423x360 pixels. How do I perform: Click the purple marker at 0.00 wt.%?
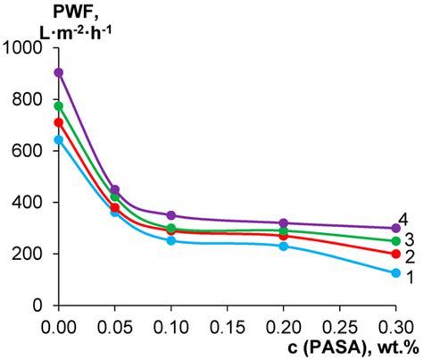coord(59,72)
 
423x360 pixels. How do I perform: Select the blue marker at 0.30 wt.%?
coord(395,272)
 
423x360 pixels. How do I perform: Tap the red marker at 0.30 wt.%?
coord(395,254)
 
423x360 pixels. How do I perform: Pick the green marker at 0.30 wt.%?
coord(395,241)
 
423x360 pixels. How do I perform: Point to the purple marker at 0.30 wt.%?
coord(395,228)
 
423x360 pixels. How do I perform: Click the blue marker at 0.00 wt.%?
coord(59,139)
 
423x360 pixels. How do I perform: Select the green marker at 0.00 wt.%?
coord(59,106)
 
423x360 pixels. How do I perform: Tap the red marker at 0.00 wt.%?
coord(59,122)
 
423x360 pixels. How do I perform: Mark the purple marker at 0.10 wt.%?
coord(171,215)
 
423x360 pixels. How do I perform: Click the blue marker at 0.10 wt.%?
coord(171,240)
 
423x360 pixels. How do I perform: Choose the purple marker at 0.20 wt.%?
coord(284,222)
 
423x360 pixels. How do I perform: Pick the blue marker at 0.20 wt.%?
coord(284,246)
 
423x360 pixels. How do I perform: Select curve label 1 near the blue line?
coord(409,277)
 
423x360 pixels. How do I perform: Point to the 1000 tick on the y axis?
coord(29,48)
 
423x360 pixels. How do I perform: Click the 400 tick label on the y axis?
coord(33,203)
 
